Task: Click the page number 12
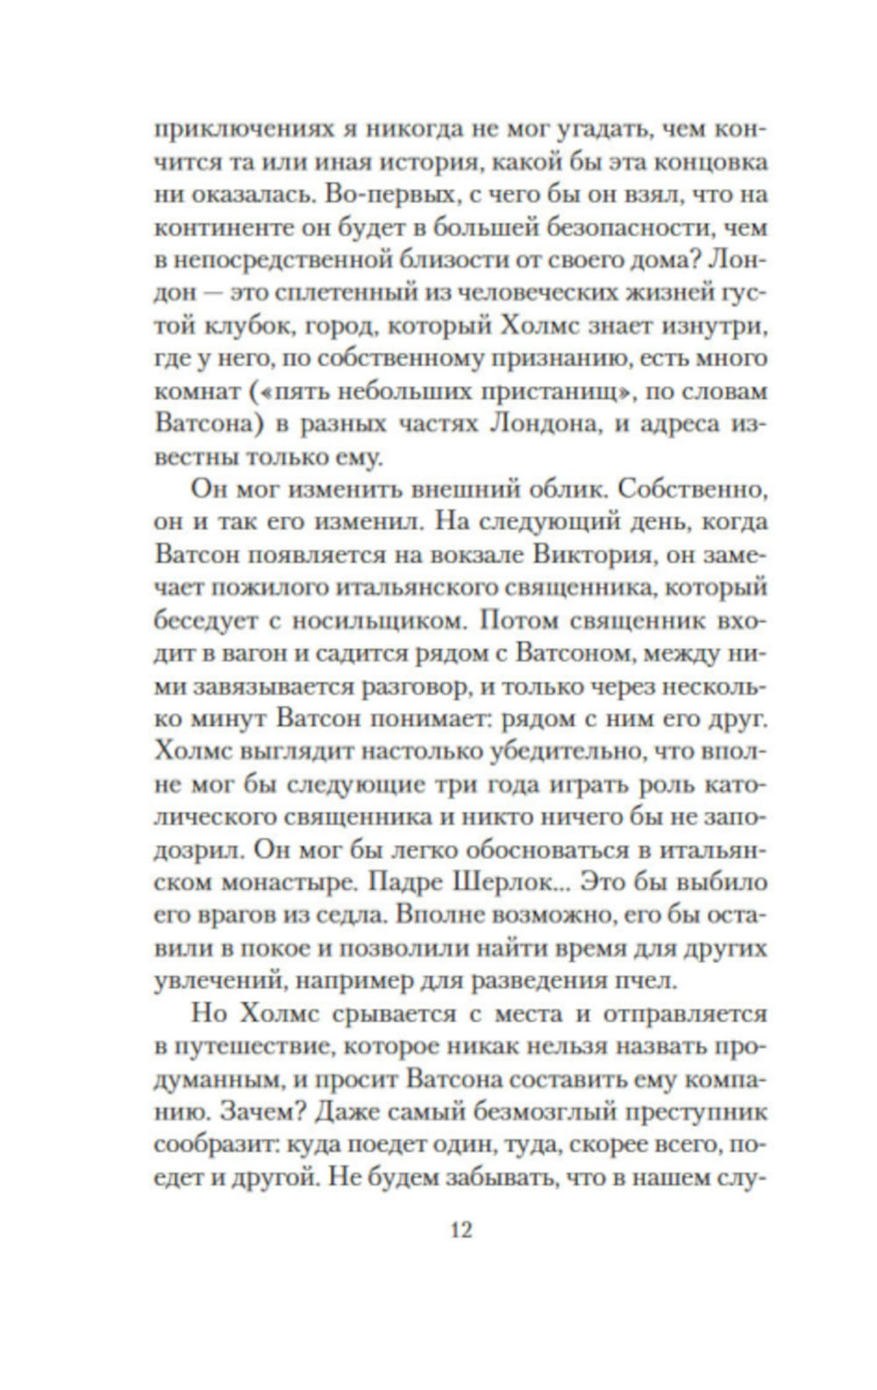click(x=460, y=1230)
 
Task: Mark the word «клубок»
click(x=254, y=326)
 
